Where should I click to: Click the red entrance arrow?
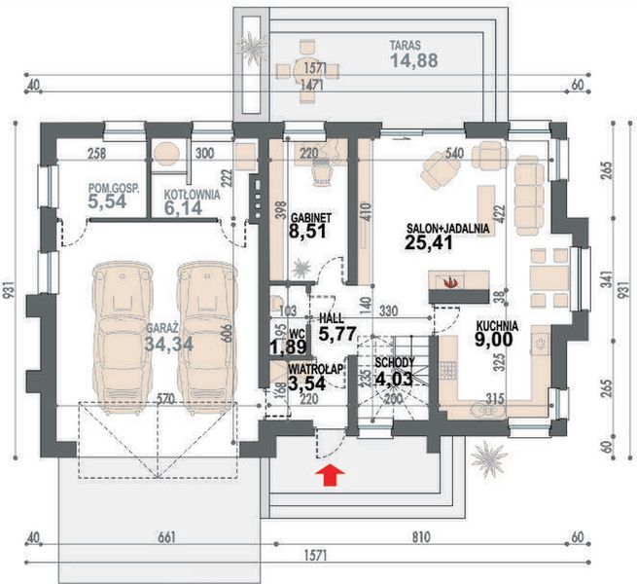[x=331, y=475]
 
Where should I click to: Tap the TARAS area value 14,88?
[x=414, y=60]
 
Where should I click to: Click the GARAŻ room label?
[x=162, y=328]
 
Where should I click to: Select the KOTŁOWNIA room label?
[x=193, y=195]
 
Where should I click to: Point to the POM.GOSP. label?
[x=114, y=188]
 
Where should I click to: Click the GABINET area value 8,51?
[x=307, y=232]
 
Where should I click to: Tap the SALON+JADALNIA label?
[x=447, y=228]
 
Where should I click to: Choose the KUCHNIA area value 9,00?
[x=494, y=339]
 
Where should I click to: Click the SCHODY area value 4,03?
[x=394, y=379]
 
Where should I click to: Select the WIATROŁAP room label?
[x=316, y=369]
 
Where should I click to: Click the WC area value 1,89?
[x=288, y=347]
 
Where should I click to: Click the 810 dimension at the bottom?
[x=421, y=537]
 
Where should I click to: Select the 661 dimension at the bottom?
[x=167, y=537]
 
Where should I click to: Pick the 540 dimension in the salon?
[x=454, y=154]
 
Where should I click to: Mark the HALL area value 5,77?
[x=337, y=334]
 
